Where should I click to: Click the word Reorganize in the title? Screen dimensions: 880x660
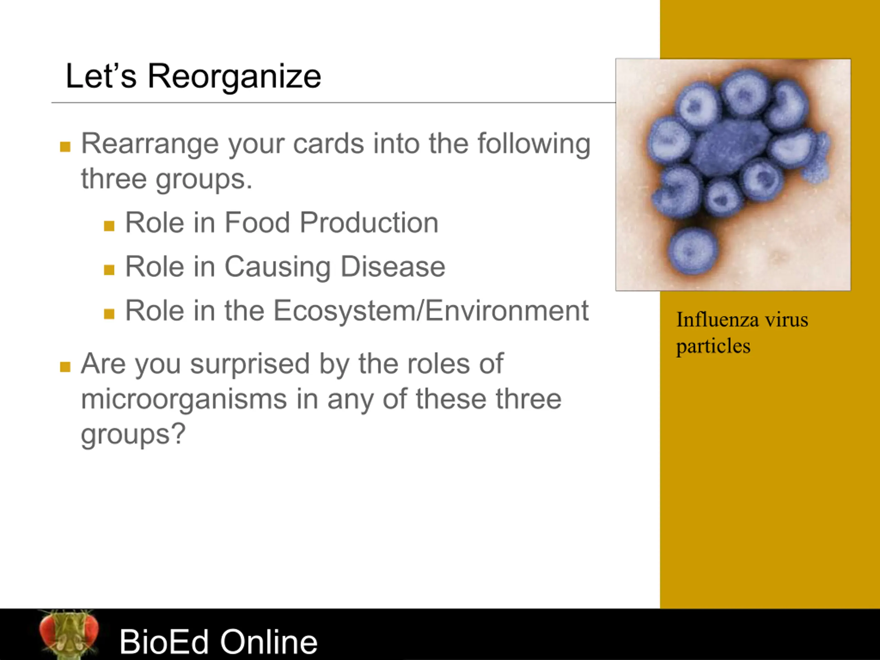(x=234, y=76)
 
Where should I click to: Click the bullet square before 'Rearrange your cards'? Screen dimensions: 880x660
(x=65, y=146)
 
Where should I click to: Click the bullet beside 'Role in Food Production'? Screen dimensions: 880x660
(x=109, y=226)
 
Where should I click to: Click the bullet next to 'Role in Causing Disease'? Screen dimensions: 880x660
(x=109, y=270)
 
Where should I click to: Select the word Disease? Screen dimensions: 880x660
(x=393, y=266)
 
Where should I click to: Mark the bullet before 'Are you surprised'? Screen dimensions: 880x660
(x=65, y=366)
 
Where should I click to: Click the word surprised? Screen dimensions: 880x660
(x=250, y=364)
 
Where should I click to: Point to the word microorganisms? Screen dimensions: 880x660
(x=184, y=399)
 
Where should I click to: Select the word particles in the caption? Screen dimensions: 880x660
(x=713, y=346)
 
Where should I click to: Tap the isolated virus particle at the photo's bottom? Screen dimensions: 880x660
(x=693, y=251)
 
